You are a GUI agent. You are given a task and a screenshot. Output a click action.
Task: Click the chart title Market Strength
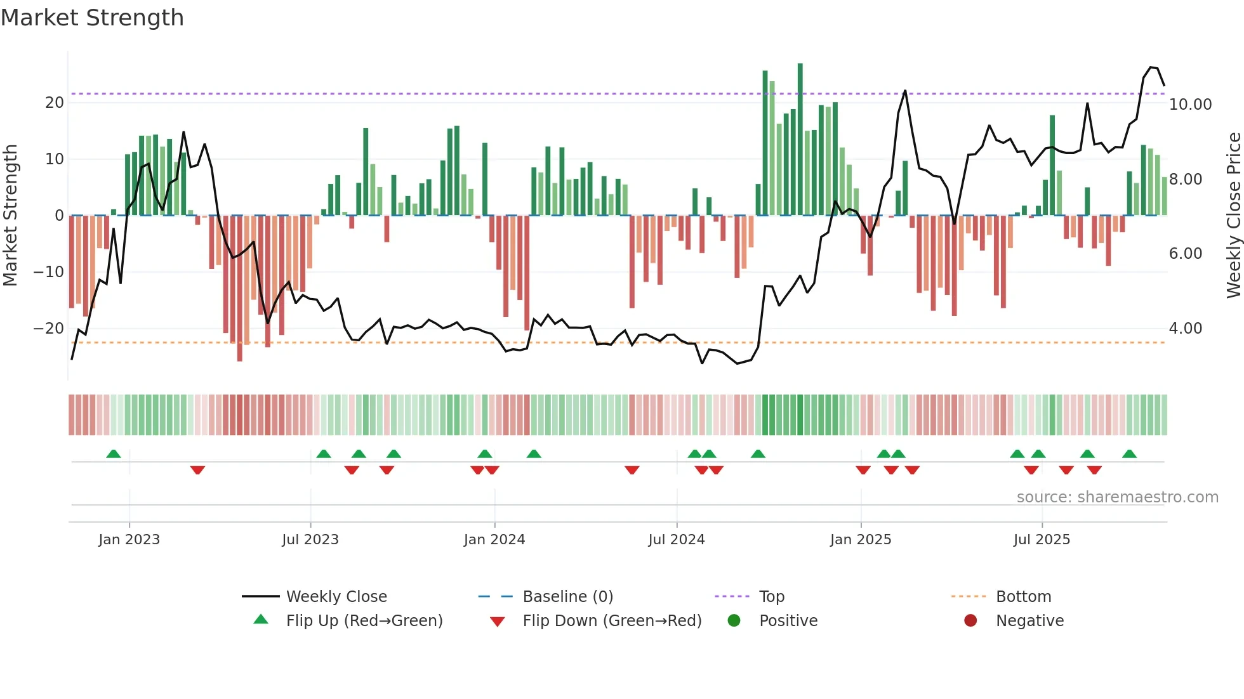point(92,18)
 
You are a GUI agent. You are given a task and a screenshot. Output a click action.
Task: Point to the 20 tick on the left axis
point(55,103)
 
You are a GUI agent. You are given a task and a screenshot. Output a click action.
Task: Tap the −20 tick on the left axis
point(49,329)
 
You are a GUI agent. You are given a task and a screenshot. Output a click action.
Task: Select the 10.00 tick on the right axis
point(1190,105)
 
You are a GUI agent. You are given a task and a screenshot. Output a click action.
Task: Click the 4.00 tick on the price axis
point(1185,329)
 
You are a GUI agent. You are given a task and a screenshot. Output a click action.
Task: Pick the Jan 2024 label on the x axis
point(494,540)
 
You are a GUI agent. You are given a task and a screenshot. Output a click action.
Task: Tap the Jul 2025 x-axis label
point(1042,540)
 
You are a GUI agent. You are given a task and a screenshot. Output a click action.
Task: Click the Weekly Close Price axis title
point(1233,216)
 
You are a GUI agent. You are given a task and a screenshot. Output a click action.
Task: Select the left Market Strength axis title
point(11,216)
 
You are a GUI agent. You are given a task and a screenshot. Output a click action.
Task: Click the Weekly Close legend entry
point(336,597)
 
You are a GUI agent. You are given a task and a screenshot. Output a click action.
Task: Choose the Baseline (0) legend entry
point(567,597)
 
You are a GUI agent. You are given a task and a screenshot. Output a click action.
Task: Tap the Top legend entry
point(772,597)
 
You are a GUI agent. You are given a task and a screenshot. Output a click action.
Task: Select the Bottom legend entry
point(1023,597)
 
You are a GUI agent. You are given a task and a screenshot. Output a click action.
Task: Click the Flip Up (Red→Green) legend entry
point(364,621)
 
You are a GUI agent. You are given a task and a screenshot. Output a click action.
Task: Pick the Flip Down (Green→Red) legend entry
point(612,621)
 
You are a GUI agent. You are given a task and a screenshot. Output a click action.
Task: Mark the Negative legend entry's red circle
point(970,621)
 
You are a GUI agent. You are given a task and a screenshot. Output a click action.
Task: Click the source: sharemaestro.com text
point(1117,497)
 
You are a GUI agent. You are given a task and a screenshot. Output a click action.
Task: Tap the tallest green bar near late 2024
point(800,140)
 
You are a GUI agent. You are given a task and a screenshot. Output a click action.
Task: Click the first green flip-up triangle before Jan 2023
point(114,454)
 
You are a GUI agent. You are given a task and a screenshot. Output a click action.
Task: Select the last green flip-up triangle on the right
point(1129,454)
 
